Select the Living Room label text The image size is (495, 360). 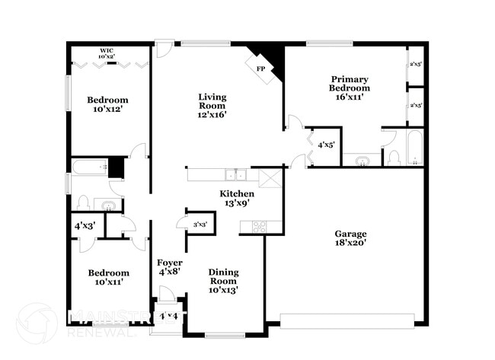213,106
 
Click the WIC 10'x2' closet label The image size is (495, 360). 106,54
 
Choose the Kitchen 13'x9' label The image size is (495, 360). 237,199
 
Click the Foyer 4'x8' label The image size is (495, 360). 169,267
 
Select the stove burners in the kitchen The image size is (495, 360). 259,225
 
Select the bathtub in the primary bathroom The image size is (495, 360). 414,149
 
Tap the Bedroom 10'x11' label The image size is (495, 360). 107,277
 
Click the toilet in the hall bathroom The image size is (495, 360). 84,203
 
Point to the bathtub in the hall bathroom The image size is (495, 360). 90,167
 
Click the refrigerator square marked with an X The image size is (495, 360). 270,179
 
